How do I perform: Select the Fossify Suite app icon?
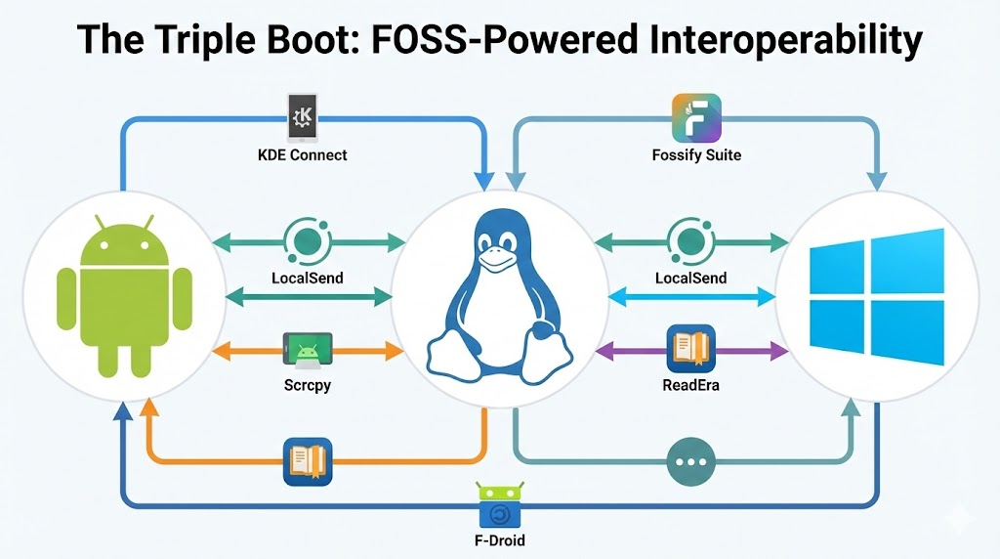coord(696,118)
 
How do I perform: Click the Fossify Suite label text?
coord(696,154)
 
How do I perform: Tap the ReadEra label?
coord(690,385)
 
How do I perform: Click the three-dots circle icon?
coord(690,460)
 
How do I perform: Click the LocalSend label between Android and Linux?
coord(308,278)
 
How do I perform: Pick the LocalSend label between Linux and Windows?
coord(690,278)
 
